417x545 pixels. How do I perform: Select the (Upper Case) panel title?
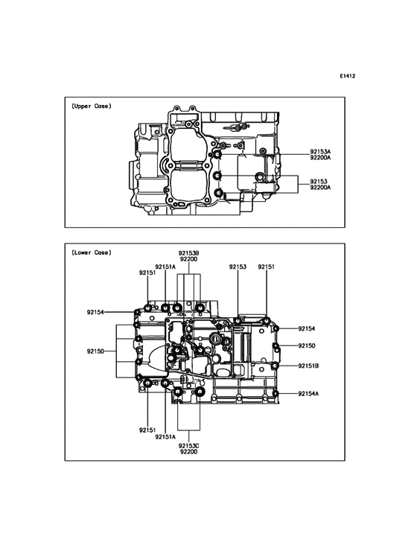92,106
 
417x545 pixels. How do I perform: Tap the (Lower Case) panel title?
92,252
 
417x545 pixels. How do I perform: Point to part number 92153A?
321,151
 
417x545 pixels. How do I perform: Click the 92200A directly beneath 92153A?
321,158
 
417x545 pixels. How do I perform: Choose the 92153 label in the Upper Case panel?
319,181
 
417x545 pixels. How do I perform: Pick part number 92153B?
188,252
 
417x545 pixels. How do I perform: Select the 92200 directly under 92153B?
188,259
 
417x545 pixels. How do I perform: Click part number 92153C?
188,444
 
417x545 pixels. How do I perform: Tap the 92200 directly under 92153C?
188,451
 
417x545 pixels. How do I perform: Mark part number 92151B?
309,366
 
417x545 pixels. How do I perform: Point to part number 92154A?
309,393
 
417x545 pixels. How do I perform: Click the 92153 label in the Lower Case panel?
238,266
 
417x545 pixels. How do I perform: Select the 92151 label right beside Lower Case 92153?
267,266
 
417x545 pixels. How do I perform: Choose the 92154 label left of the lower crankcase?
95,312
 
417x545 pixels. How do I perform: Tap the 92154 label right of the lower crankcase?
307,328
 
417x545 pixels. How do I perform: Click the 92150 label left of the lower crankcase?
95,350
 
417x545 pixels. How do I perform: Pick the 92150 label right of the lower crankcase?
307,346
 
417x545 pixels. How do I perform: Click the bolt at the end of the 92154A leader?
276,393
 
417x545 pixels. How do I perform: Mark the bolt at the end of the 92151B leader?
276,366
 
